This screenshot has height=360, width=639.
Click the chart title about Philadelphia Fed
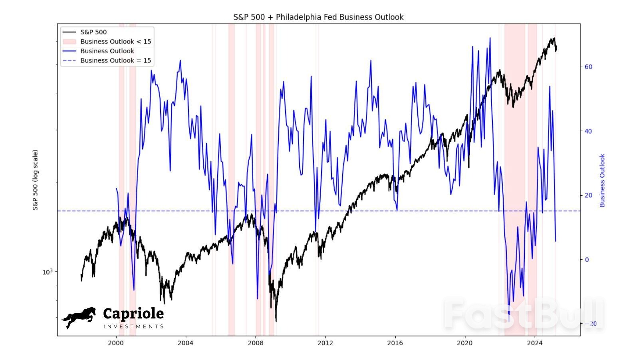click(318, 17)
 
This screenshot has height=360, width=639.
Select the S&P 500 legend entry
click(93, 32)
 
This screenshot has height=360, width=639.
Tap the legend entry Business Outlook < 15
click(115, 42)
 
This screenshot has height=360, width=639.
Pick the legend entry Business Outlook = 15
click(115, 60)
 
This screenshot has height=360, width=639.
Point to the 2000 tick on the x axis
click(116, 343)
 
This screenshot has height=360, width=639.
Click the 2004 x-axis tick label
click(185, 343)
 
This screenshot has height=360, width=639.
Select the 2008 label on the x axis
click(256, 343)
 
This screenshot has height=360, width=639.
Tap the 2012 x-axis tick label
click(325, 343)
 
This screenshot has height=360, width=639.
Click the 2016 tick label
click(395, 343)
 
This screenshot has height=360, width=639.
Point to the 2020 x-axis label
click(464, 343)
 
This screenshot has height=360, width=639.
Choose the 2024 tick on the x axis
click(534, 343)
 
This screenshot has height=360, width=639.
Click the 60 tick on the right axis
click(588, 67)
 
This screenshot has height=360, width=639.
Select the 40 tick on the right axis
click(588, 131)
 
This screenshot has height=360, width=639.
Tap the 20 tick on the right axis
click(588, 195)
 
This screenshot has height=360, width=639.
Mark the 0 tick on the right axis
click(587, 260)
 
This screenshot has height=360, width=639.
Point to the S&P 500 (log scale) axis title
click(36, 180)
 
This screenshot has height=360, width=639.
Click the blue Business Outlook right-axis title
click(602, 180)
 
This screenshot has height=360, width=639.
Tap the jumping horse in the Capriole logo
click(79, 317)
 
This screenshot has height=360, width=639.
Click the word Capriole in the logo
click(133, 313)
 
